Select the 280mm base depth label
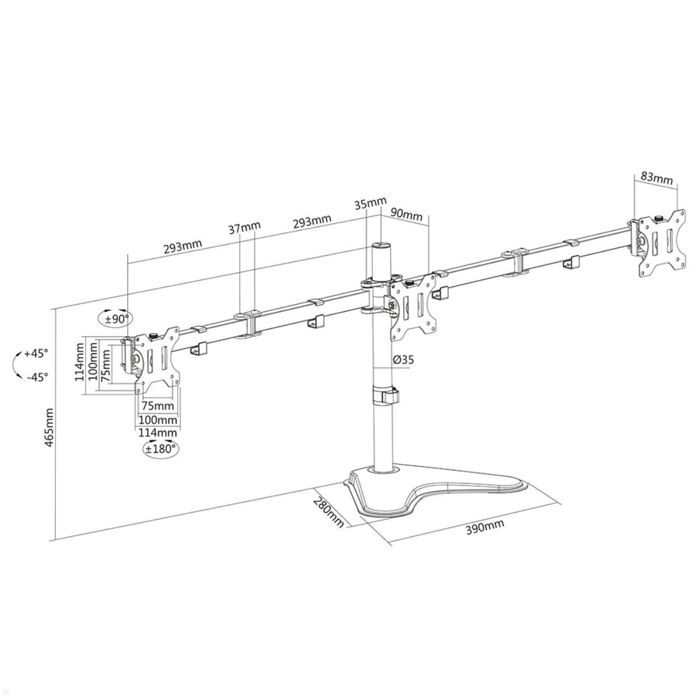[x=329, y=512]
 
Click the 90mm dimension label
[x=407, y=214]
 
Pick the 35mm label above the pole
[x=370, y=204]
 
